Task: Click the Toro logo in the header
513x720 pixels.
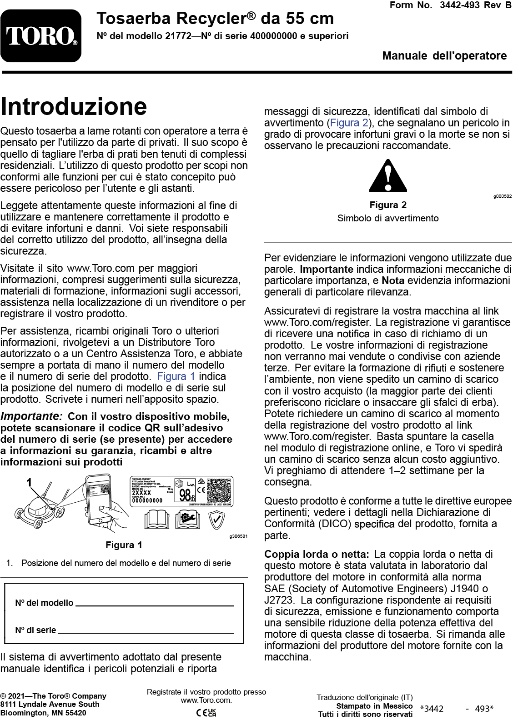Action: (x=41, y=36)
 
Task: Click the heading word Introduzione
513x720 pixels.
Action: (x=74, y=107)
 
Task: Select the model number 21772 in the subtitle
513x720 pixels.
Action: (x=178, y=36)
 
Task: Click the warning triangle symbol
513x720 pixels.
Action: (x=388, y=176)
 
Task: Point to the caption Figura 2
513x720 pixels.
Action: (x=388, y=205)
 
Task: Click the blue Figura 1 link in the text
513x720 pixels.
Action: (x=176, y=376)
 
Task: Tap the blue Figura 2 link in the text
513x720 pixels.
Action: (x=349, y=123)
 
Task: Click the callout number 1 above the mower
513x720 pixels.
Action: (x=30, y=482)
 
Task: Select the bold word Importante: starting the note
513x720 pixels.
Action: (x=31, y=416)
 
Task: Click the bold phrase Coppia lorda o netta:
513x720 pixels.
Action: (x=317, y=554)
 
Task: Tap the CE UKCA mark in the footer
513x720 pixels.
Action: (x=206, y=712)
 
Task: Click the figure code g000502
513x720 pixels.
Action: (x=502, y=196)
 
